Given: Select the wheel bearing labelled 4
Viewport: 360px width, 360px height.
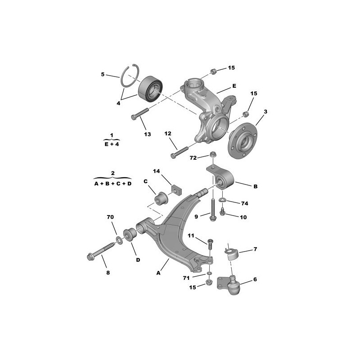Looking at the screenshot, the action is click(150, 89).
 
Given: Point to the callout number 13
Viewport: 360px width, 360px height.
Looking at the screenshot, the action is click(148, 134).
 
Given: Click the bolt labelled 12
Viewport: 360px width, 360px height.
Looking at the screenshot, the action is click(180, 153).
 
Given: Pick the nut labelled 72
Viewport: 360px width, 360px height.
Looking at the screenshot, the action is click(212, 154).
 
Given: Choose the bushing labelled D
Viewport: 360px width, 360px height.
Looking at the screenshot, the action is click(130, 234).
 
